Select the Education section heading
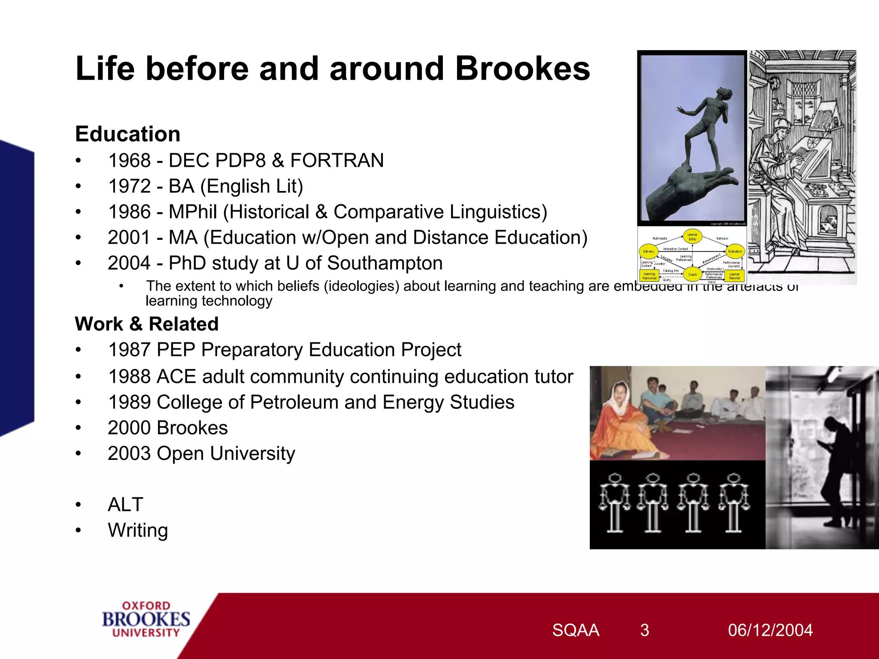(127, 134)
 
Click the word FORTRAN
(337, 160)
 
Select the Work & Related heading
(146, 324)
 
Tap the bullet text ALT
(125, 505)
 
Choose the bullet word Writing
(138, 530)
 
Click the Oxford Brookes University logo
(146, 619)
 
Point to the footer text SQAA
(575, 630)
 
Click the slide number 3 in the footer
(644, 630)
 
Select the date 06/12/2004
(770, 630)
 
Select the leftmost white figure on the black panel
(615, 502)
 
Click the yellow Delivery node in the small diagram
(648, 251)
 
